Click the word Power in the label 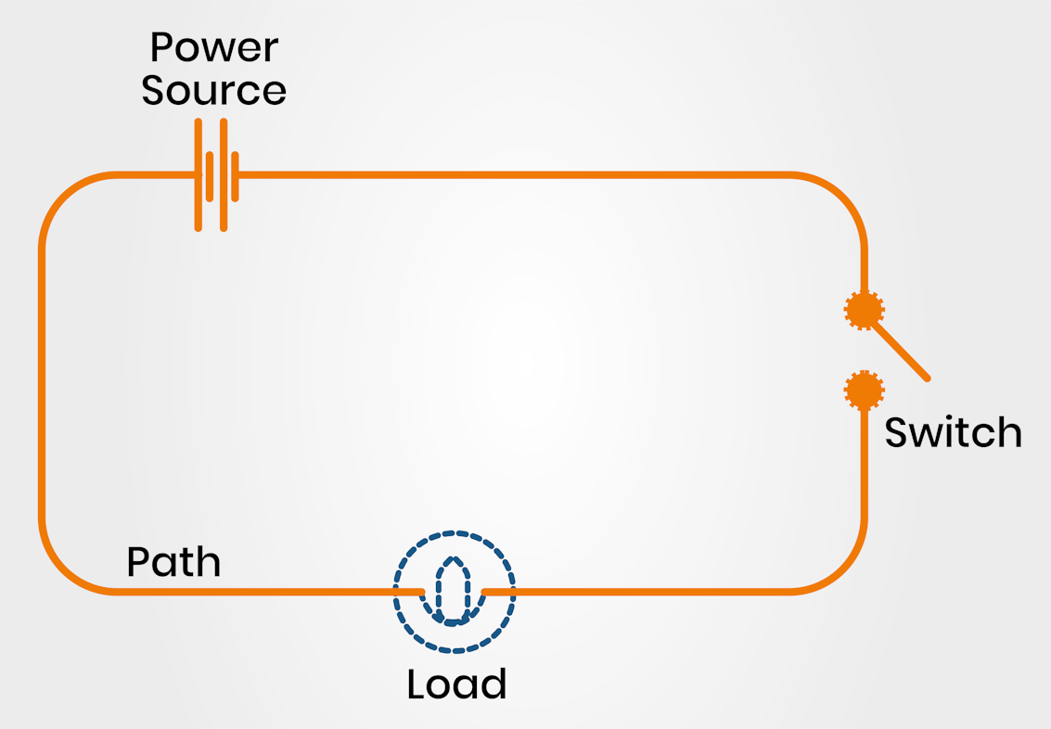pyautogui.click(x=213, y=48)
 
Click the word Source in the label pyautogui.click(x=213, y=91)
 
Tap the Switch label pyautogui.click(x=953, y=433)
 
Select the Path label pyautogui.click(x=173, y=562)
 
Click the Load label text pyautogui.click(x=456, y=684)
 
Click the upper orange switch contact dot pyautogui.click(x=864, y=310)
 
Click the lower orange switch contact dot pyautogui.click(x=864, y=390)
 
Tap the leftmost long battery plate pyautogui.click(x=198, y=174)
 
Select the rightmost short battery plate pyautogui.click(x=237, y=175)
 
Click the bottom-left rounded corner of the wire pyautogui.click(x=65, y=568)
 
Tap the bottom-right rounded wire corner pyautogui.click(x=841, y=568)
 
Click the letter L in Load pyautogui.click(x=416, y=684)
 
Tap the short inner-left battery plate pyautogui.click(x=210, y=175)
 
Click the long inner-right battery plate pyautogui.click(x=224, y=174)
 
